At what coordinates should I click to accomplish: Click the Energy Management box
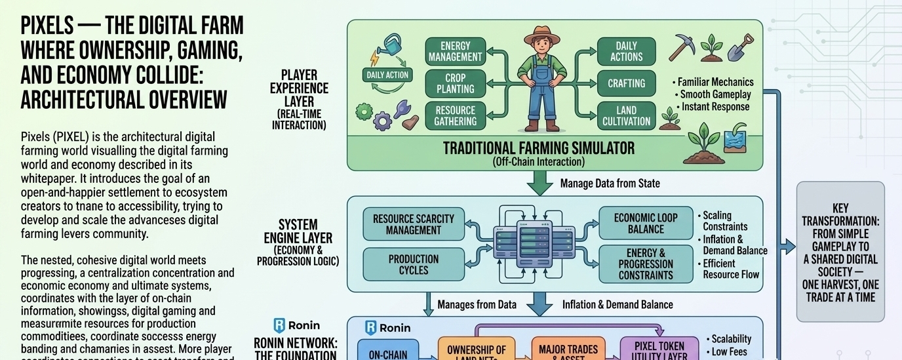(456, 51)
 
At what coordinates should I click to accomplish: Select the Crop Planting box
(455, 83)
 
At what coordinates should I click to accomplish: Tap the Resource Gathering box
(455, 115)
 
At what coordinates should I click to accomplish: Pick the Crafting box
(626, 83)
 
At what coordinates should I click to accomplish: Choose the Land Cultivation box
(626, 115)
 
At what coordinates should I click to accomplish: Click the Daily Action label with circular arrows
(387, 75)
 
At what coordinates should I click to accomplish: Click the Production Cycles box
(413, 264)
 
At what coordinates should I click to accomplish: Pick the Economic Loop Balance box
(646, 223)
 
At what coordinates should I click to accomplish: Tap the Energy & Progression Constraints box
(646, 264)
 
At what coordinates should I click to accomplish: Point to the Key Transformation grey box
(840, 252)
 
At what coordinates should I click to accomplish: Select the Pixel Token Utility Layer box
(659, 350)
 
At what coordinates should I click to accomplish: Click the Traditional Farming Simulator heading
(539, 148)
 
